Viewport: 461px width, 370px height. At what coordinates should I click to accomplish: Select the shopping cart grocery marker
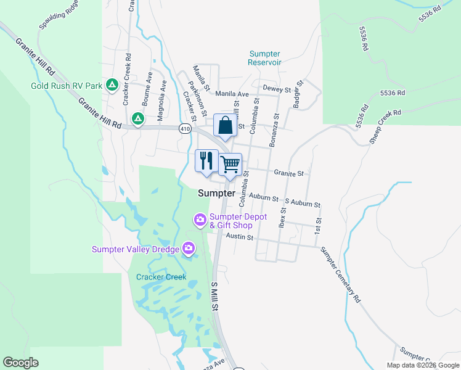coord(230,164)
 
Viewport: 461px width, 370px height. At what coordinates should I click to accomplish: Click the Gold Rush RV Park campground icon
coord(112,84)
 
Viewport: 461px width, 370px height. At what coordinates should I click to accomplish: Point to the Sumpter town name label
coord(216,193)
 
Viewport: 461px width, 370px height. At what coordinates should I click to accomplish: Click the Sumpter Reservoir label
coord(265,58)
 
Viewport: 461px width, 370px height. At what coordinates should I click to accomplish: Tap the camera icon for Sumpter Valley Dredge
coord(189,249)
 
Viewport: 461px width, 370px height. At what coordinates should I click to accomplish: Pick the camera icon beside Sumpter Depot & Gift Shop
coord(200,220)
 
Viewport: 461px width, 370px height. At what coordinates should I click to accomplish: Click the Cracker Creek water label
coord(161,277)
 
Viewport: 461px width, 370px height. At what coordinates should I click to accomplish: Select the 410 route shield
coord(185,129)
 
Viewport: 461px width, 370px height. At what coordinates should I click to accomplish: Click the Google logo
coord(21,363)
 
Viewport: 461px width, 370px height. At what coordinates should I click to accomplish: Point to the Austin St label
coord(240,236)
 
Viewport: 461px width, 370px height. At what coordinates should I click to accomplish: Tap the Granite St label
coord(289,174)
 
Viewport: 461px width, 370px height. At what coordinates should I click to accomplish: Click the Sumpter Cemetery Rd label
coord(340,274)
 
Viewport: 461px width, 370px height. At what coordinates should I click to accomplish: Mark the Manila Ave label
coord(232,94)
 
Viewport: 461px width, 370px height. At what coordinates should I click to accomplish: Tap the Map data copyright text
coord(422,365)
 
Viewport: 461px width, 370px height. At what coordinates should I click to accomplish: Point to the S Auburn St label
coord(302,203)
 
